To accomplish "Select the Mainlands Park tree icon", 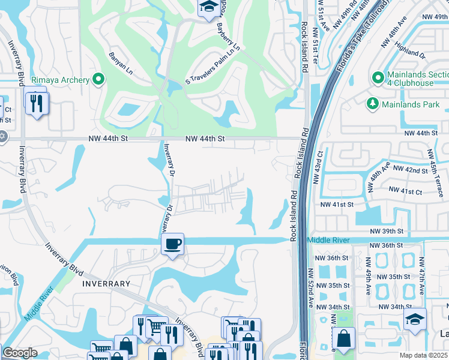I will coord(372,104).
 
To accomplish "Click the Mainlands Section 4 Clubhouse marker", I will coord(378,78).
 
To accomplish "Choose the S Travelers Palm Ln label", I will coord(212,64).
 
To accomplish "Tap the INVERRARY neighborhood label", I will coord(105,283).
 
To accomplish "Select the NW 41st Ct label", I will coord(406,190).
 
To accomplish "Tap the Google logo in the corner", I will coord(20,353).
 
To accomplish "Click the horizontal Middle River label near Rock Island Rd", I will coord(328,240).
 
